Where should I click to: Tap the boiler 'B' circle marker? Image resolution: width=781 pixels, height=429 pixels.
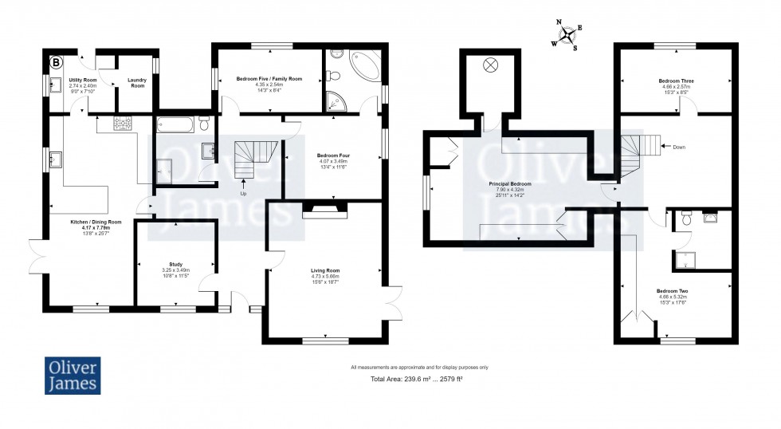click(57, 61)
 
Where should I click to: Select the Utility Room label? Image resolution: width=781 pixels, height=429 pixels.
click(82, 81)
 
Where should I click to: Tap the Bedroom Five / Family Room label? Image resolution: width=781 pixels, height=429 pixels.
click(269, 79)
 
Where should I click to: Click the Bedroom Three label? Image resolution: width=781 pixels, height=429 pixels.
click(675, 81)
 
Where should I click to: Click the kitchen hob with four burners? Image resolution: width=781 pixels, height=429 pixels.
click(125, 124)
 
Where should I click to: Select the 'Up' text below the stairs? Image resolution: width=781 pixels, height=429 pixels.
click(245, 194)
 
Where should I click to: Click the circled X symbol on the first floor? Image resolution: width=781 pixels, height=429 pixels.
click(489, 65)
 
